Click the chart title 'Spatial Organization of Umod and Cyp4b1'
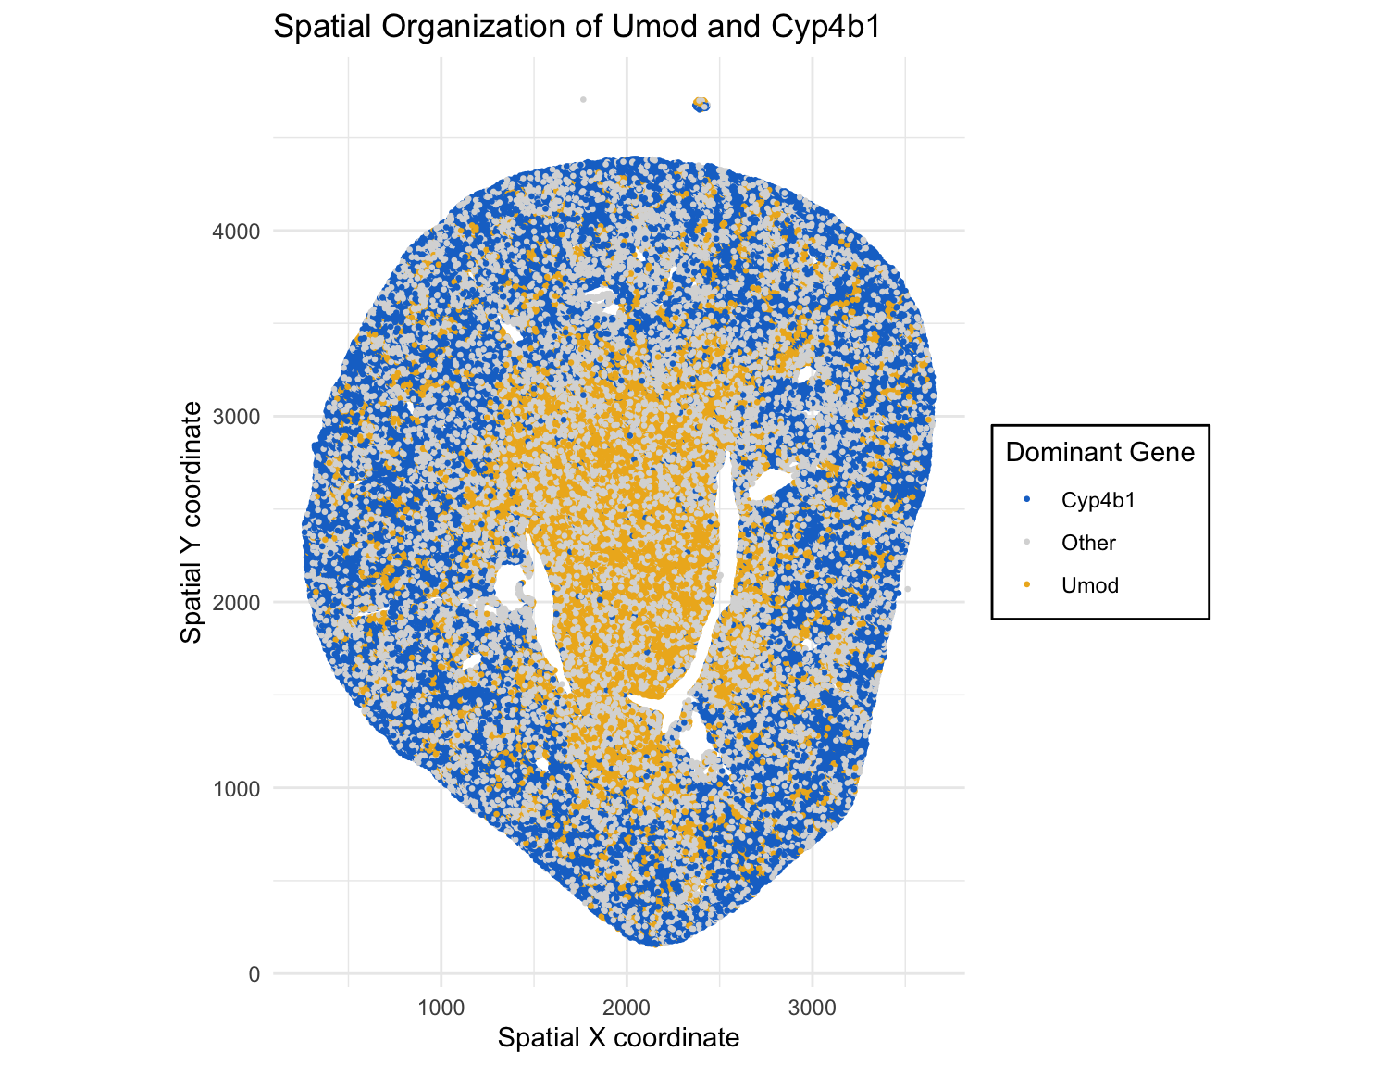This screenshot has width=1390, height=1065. click(x=577, y=27)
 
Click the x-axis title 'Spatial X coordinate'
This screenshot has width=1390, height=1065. click(x=618, y=1037)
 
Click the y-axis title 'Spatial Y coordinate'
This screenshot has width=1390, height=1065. click(x=191, y=522)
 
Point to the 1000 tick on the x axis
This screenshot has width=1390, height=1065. click(x=441, y=1007)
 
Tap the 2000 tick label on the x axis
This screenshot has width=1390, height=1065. click(x=627, y=1007)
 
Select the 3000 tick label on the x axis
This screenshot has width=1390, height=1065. click(x=813, y=1007)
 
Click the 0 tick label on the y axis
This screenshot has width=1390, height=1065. click(x=254, y=974)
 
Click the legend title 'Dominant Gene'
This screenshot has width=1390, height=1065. click(x=1099, y=452)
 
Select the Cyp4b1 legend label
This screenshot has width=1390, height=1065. click(x=1098, y=500)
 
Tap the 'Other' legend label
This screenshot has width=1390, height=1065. click(x=1088, y=543)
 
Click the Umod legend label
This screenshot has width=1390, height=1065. click(x=1090, y=585)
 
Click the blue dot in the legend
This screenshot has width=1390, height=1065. click(x=1027, y=500)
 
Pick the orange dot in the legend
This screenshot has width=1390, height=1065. click(x=1027, y=585)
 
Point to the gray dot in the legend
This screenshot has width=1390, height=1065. click(x=1027, y=543)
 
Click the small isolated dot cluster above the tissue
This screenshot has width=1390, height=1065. click(x=701, y=104)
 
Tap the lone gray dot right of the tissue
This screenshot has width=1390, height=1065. click(x=907, y=589)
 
